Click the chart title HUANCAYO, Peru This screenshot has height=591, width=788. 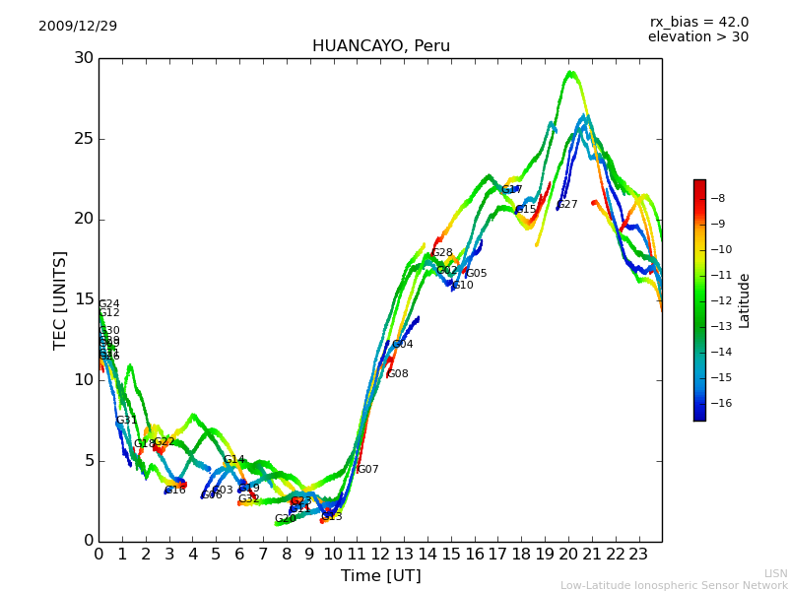click(380, 46)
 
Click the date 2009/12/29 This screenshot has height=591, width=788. click(78, 26)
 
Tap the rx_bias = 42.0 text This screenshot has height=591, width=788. click(698, 22)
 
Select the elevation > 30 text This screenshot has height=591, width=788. click(697, 37)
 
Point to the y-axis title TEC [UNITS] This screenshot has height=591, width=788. click(61, 299)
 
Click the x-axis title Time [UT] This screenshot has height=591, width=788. click(380, 575)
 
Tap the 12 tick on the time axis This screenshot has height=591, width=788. click(380, 554)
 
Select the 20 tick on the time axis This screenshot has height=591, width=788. click(568, 554)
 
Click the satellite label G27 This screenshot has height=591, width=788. click(567, 205)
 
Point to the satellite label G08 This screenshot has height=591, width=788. click(398, 374)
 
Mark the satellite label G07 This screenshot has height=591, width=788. click(368, 470)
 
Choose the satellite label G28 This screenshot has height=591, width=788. click(442, 253)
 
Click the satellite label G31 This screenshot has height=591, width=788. click(126, 421)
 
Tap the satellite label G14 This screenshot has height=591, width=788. click(233, 460)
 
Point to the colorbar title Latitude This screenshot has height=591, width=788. click(745, 300)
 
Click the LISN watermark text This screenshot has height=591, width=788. click(775, 573)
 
